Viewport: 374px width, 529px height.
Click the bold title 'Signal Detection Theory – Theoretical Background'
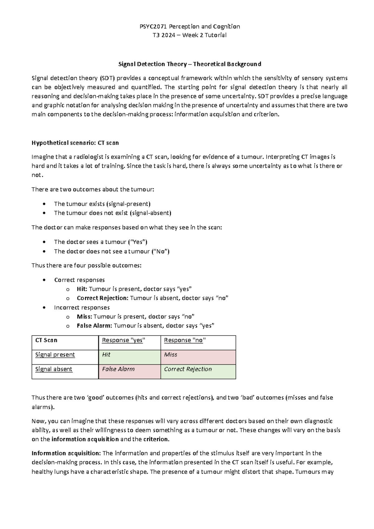pyautogui.click(x=189, y=64)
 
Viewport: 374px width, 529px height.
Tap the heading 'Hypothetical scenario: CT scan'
pyautogui.click(x=75, y=143)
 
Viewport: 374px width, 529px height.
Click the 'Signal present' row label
pyautogui.click(x=55, y=355)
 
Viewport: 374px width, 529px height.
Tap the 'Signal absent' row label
pyautogui.click(x=54, y=369)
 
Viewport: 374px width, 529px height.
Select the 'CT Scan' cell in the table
pyautogui.click(x=46, y=340)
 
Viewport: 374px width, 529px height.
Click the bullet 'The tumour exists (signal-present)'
pyautogui.click(x=102, y=204)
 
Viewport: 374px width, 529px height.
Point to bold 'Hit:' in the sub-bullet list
pyautogui.click(x=82, y=289)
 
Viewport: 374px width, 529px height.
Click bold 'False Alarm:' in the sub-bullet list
pyautogui.click(x=94, y=326)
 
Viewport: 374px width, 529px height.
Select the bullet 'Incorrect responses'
pyautogui.click(x=82, y=308)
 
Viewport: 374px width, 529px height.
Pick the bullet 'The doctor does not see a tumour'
pyautogui.click(x=112, y=251)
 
